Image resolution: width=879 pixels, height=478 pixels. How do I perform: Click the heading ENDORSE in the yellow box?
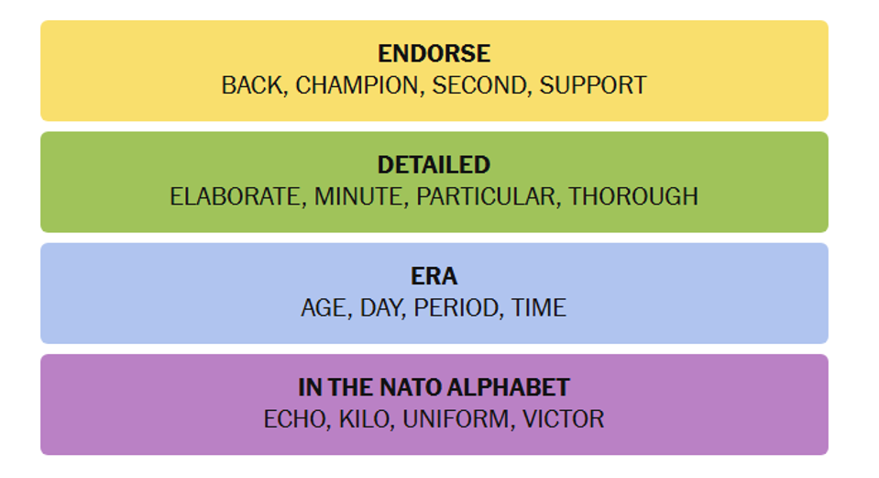pyautogui.click(x=434, y=54)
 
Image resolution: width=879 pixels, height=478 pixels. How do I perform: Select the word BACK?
pyautogui.click(x=252, y=85)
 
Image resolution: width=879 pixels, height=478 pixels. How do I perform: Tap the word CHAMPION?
pyautogui.click(x=357, y=85)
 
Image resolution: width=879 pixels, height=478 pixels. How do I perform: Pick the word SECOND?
pyautogui.click(x=479, y=85)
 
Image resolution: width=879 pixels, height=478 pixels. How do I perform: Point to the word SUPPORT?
pyautogui.click(x=593, y=85)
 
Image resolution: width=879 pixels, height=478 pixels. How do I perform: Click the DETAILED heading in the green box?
pyautogui.click(x=434, y=165)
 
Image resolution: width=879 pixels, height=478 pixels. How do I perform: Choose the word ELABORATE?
pyautogui.click(x=236, y=196)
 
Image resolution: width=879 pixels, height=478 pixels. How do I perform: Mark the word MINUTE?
pyautogui.click(x=358, y=196)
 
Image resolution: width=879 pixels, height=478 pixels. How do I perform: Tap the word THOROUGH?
pyautogui.click(x=633, y=196)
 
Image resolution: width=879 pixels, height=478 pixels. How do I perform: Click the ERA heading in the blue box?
pyautogui.click(x=434, y=276)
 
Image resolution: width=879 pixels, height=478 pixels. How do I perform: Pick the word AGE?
pyautogui.click(x=324, y=307)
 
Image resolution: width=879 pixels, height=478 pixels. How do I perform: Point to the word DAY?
pyautogui.click(x=381, y=307)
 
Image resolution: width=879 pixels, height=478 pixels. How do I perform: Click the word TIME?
pyautogui.click(x=539, y=307)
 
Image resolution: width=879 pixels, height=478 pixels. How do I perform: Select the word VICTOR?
pyautogui.click(x=563, y=418)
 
